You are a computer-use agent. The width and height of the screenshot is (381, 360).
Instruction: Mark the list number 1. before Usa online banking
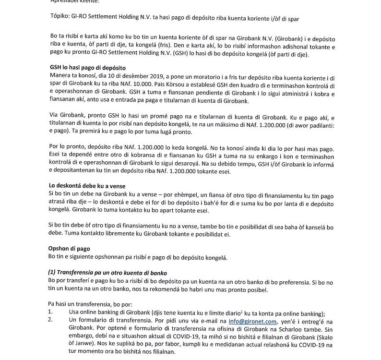point(51,312)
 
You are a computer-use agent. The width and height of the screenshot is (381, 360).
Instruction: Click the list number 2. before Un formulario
point(51,320)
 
